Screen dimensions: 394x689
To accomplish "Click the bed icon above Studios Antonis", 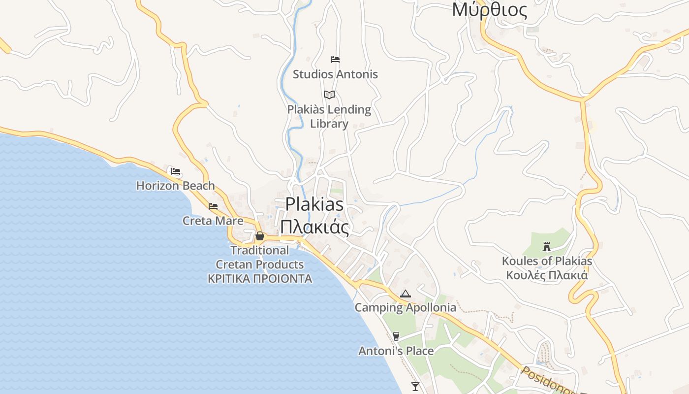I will pyautogui.click(x=335, y=60).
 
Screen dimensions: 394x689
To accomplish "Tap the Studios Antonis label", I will pyautogui.click(x=335, y=74).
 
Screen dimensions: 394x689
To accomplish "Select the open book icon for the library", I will pyautogui.click(x=329, y=95).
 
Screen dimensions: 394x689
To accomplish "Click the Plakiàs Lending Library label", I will pyautogui.click(x=329, y=116).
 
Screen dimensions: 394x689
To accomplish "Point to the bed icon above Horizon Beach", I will pyautogui.click(x=176, y=171).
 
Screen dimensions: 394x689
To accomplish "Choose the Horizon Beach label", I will pyautogui.click(x=176, y=186).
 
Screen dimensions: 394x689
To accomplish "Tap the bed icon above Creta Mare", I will pyautogui.click(x=213, y=206).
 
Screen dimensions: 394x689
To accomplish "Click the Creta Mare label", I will pyautogui.click(x=213, y=221).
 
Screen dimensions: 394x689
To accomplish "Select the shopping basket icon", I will pyautogui.click(x=260, y=236).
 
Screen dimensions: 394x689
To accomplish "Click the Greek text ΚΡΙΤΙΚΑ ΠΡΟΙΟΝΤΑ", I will pyautogui.click(x=260, y=279).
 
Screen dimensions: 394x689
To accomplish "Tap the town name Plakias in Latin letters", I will pyautogui.click(x=314, y=204).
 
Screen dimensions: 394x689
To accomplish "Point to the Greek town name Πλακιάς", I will pyautogui.click(x=314, y=228).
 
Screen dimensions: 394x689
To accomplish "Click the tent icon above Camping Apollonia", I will pyautogui.click(x=406, y=294).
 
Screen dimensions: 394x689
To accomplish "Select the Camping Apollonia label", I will pyautogui.click(x=406, y=308).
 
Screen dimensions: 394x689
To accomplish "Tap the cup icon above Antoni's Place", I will pyautogui.click(x=396, y=336).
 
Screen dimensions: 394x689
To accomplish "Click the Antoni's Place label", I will pyautogui.click(x=396, y=351).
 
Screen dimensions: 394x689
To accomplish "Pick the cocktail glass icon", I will pyautogui.click(x=415, y=386).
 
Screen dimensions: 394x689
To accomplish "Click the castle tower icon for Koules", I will pyautogui.click(x=546, y=246).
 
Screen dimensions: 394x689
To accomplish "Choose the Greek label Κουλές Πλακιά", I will pyautogui.click(x=547, y=275).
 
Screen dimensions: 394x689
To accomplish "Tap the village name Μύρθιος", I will pyautogui.click(x=489, y=10).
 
